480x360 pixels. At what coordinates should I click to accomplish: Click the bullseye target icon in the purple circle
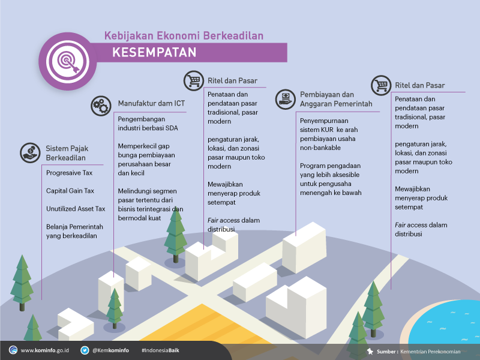(67, 61)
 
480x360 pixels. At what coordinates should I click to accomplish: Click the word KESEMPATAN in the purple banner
(154, 52)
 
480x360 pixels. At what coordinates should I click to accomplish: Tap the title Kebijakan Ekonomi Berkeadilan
(184, 36)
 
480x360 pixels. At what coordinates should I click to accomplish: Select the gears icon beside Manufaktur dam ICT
(101, 106)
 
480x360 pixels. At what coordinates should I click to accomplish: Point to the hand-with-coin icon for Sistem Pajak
(30, 153)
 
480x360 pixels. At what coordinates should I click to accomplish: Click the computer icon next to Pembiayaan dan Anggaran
(286, 99)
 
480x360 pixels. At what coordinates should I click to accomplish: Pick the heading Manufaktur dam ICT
(152, 103)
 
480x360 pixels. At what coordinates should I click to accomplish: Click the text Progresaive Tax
(69, 173)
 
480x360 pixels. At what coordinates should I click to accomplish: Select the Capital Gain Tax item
(70, 191)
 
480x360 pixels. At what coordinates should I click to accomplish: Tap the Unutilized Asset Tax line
(76, 209)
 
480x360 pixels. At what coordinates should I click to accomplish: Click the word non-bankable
(320, 148)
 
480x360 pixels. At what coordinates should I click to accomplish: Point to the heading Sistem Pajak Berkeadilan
(67, 153)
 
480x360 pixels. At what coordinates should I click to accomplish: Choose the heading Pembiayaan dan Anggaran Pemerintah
(336, 99)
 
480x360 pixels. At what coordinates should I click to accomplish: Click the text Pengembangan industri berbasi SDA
(148, 124)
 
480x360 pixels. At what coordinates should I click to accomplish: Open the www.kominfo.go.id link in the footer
(44, 350)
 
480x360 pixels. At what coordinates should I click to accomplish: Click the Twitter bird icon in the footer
(85, 350)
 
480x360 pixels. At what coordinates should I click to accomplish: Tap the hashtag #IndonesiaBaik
(160, 350)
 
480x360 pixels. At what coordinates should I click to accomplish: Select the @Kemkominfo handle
(110, 350)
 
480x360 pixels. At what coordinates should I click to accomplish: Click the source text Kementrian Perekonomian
(430, 352)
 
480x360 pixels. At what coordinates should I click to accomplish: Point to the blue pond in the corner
(447, 328)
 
